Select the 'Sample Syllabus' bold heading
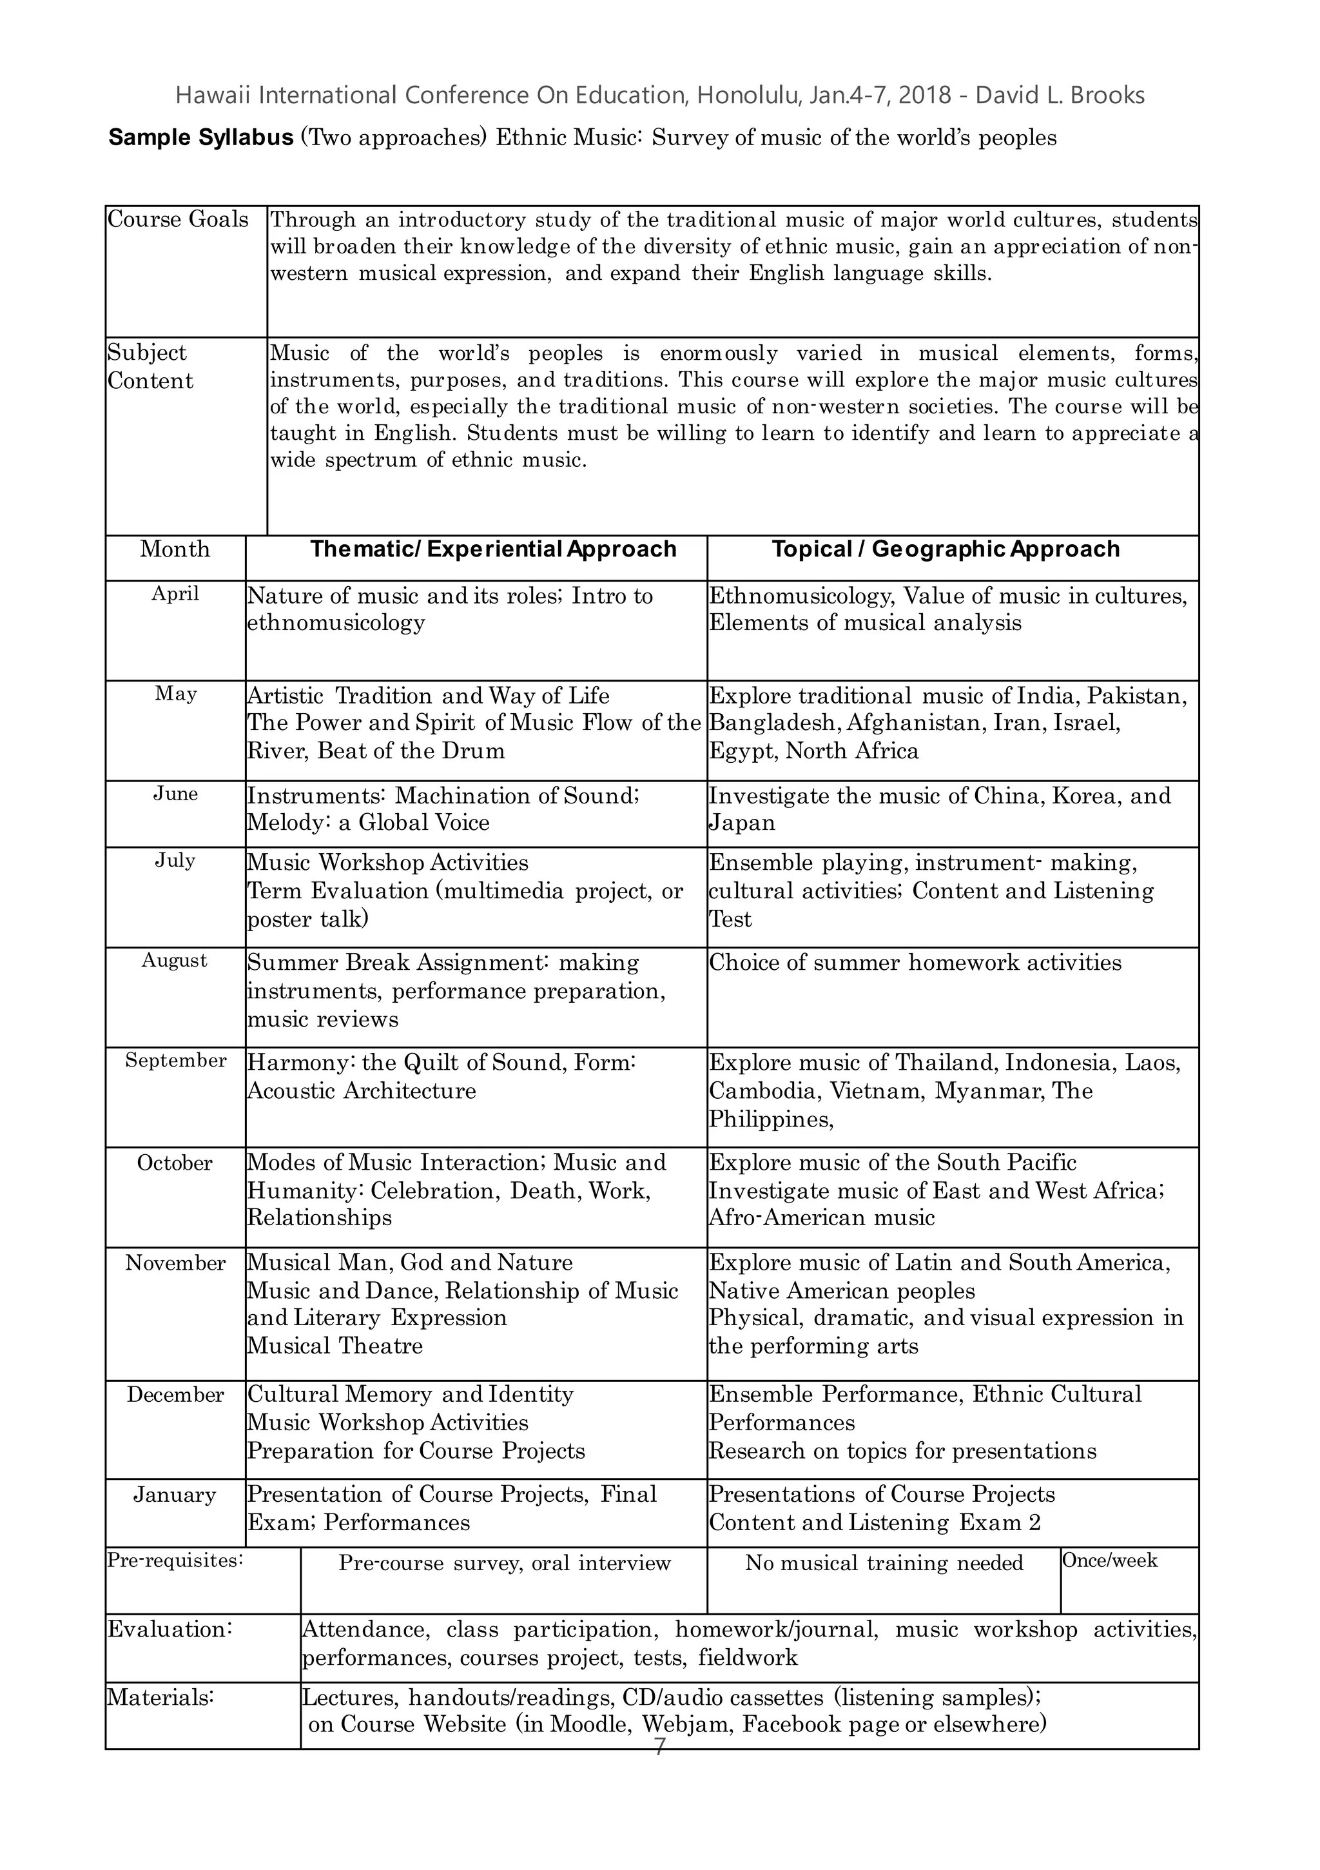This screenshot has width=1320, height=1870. pos(200,137)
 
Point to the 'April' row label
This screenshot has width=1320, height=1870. pos(175,594)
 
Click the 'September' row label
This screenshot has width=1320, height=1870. pos(175,1061)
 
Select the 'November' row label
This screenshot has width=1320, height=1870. pos(175,1263)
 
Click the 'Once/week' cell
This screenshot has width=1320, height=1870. pos(1109,1560)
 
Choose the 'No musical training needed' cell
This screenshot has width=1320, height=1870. pos(884,1563)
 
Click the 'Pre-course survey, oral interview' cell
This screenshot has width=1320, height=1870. pos(504,1563)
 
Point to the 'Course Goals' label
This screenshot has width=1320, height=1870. pos(177,219)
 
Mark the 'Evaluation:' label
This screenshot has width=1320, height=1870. pos(170,1629)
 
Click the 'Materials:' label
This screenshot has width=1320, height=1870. pos(160,1697)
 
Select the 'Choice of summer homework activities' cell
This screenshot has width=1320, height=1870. pos(915,963)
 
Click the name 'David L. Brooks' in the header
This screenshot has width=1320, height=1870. pos(1060,95)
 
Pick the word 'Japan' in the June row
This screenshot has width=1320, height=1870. pos(741,823)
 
